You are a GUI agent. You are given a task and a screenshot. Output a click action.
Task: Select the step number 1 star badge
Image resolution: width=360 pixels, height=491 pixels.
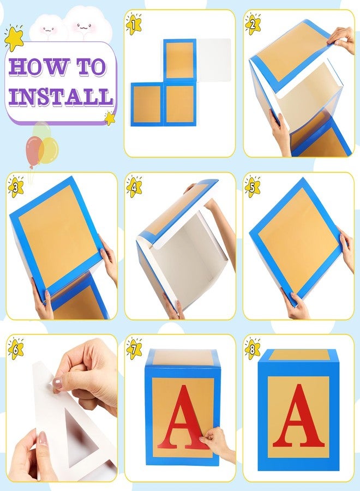point(134,23)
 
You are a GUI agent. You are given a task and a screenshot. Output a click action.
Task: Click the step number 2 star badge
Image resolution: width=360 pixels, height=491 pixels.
point(253,23)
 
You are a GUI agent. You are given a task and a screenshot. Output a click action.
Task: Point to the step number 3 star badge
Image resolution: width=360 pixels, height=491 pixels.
point(16,187)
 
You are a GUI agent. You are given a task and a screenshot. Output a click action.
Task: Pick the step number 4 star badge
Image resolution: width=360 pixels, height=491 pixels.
point(134,187)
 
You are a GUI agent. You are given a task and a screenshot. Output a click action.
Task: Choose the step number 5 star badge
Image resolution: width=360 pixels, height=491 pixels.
point(253,187)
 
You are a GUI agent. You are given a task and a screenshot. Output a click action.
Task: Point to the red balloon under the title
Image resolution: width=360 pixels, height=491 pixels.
point(33,151)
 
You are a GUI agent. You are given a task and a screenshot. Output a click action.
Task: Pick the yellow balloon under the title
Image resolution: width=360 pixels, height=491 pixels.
point(48,149)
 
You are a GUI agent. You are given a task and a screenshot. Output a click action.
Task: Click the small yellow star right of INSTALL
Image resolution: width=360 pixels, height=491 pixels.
point(110,118)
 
